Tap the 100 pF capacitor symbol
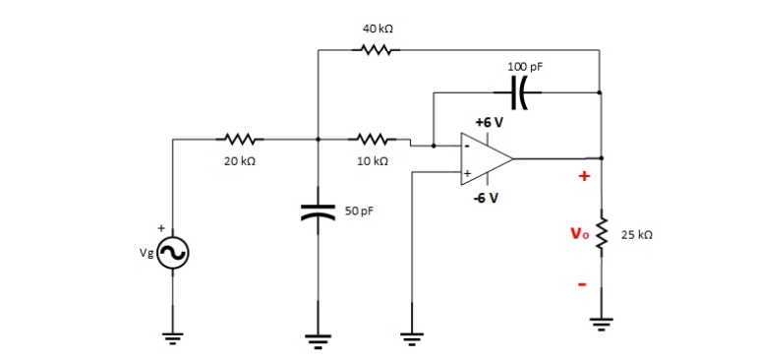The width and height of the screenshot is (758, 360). coord(521,93)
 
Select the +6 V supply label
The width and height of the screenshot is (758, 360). coord(489,123)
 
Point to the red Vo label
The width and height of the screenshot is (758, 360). coord(578,234)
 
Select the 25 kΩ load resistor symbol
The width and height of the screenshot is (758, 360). coord(602,236)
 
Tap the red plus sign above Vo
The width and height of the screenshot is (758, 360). coord(583,177)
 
